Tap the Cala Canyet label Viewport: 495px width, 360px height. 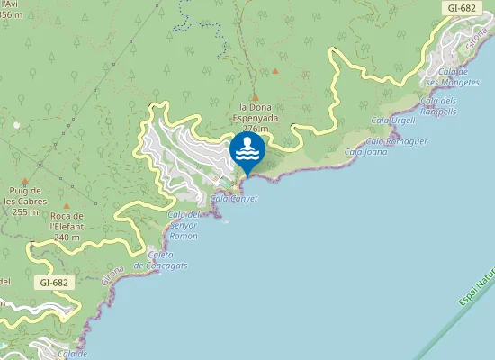[234, 199]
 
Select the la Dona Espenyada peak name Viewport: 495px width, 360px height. [255, 112]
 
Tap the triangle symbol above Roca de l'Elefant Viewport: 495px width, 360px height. [65, 192]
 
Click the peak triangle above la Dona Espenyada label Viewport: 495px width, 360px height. [255, 98]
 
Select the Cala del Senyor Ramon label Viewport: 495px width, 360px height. [184, 225]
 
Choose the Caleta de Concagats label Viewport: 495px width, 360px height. [160, 259]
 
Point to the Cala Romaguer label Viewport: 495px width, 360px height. [397, 141]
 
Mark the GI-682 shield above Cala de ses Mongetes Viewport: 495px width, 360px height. [461, 8]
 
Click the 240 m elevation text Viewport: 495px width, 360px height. [67, 238]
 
